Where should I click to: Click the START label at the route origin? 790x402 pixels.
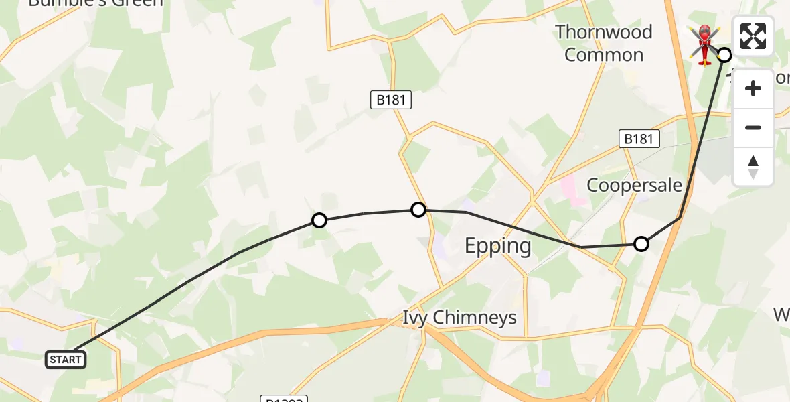click(66, 360)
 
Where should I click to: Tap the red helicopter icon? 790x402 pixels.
click(704, 44)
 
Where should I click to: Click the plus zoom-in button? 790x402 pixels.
click(753, 88)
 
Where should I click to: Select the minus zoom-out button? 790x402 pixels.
click(753, 127)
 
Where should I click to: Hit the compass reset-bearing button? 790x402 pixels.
click(753, 166)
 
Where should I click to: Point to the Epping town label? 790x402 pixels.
click(498, 246)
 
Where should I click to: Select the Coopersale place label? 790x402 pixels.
click(634, 185)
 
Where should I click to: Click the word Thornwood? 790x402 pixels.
click(604, 32)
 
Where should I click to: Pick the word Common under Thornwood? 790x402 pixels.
click(604, 55)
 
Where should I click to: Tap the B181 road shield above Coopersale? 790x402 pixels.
click(638, 139)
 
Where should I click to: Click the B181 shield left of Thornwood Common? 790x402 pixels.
click(391, 100)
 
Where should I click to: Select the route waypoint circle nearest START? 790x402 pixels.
click(319, 220)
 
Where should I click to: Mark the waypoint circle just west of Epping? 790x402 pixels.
click(418, 210)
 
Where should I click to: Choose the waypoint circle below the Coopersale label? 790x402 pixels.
click(641, 244)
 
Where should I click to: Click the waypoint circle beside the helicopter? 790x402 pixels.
click(724, 55)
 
